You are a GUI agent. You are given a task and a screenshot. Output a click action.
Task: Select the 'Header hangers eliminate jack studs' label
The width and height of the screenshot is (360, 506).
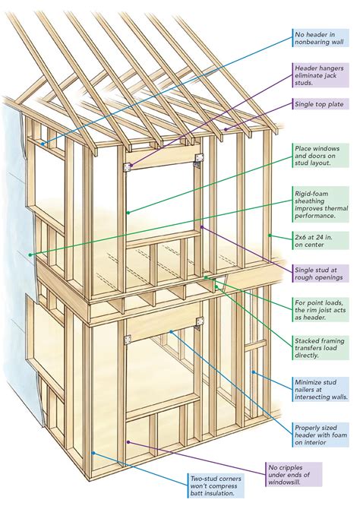pyautogui.click(x=323, y=77)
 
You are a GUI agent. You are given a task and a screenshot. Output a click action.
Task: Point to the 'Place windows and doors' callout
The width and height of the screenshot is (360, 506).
pyautogui.click(x=323, y=157)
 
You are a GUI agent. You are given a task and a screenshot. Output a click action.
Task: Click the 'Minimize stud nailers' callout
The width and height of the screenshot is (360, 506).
pyautogui.click(x=323, y=390)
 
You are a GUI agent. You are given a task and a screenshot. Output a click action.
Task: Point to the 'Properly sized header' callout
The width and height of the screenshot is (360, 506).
pyautogui.click(x=323, y=433)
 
